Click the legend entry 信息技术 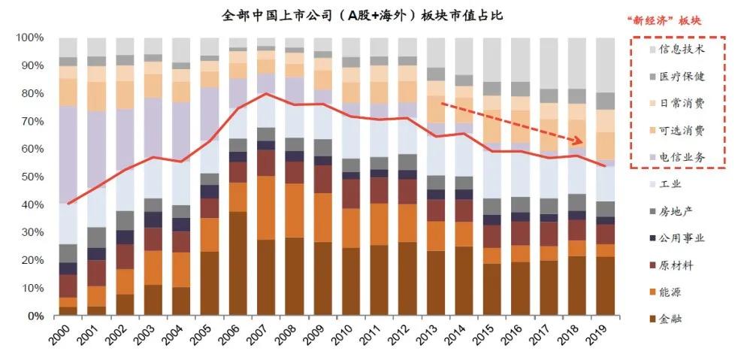(x=681, y=50)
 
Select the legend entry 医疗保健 (x=681, y=76)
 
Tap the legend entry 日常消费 (x=681, y=103)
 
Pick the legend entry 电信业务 (x=681, y=156)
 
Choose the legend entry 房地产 (x=676, y=210)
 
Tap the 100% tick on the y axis (x=29, y=38)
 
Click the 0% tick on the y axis (x=35, y=316)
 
